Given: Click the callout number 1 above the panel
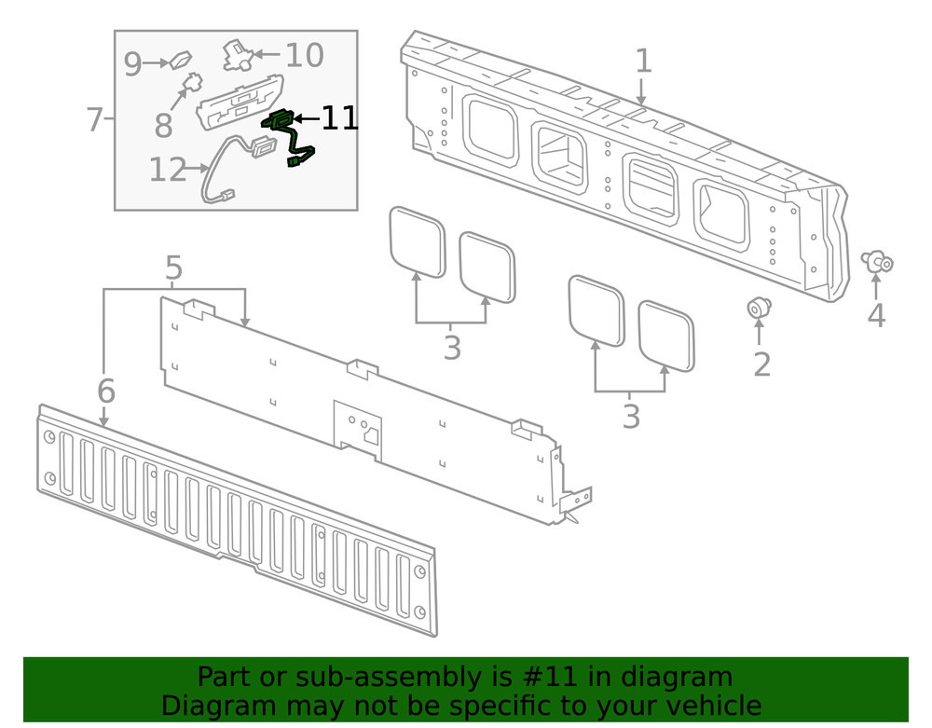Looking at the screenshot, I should tap(644, 62).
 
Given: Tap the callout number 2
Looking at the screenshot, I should tap(761, 364).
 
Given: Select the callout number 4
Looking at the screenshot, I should tap(875, 315).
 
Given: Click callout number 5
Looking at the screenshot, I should tap(173, 269).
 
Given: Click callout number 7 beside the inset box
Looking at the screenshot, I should tap(93, 119).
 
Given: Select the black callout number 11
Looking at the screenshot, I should tap(339, 117).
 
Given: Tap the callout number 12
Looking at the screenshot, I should tap(168, 170).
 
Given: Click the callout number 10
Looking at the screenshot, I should tap(304, 56).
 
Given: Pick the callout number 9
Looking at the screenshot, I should tap(132, 64).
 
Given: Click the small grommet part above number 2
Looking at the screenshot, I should tap(759, 307).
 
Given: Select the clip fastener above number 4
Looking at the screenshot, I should tap(877, 262).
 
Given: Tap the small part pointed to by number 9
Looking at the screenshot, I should tap(180, 62).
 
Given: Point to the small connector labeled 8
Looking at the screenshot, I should tap(191, 84).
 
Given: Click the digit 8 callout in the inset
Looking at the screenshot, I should tap(164, 123).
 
